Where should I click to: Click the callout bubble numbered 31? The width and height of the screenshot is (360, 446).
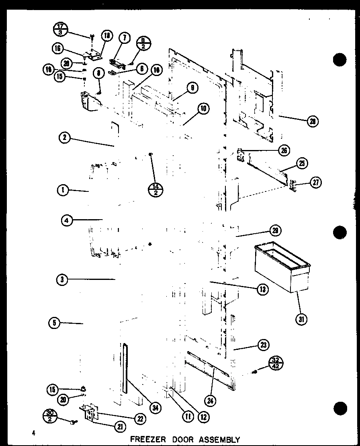[x=301, y=319]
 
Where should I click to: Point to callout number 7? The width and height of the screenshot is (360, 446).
[x=125, y=38]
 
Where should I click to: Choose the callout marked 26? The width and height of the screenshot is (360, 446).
[x=284, y=150]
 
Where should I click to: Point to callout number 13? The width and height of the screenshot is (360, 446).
[x=263, y=289]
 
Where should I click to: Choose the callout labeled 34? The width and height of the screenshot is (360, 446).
[x=153, y=407]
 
